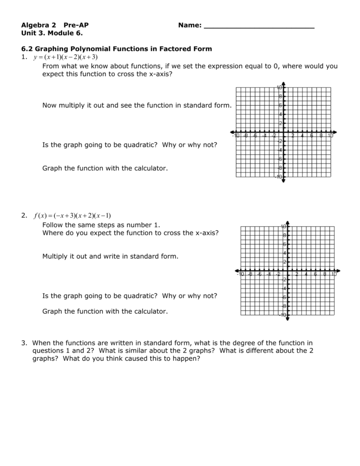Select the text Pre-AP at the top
coord(76,25)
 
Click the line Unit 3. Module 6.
coord(52,33)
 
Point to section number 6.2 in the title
coord(26,49)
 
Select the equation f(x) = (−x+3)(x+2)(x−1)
coord(72,215)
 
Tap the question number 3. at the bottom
coord(24,342)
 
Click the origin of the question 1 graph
coord(283,132)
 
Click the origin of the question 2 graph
coord(287,271)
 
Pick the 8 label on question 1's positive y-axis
coord(280,96)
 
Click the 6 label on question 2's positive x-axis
coord(315,274)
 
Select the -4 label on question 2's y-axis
coord(284,289)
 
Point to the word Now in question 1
coord(49,105)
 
